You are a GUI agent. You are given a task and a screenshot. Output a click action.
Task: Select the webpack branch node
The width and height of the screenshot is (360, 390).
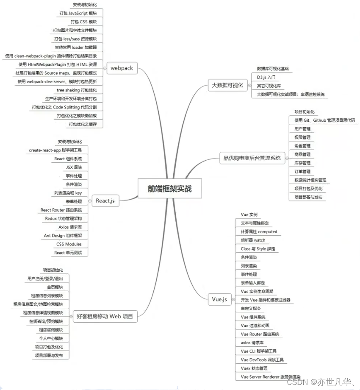[x=122, y=68]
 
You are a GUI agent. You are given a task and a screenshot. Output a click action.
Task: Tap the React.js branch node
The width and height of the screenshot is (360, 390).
[x=105, y=201]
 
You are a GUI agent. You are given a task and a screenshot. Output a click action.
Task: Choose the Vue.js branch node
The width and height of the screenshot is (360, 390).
[x=219, y=299]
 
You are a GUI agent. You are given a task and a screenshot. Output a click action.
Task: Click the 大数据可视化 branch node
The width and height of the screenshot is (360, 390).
[x=227, y=85]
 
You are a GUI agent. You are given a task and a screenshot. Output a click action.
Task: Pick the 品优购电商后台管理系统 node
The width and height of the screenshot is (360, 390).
[x=252, y=159]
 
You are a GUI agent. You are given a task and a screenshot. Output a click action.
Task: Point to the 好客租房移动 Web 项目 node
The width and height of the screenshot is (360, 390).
[x=105, y=316]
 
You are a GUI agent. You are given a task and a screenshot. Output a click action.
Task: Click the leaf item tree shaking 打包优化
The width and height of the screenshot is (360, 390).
[x=77, y=90]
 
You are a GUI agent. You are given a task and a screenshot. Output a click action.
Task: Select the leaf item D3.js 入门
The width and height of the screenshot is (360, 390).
[x=266, y=77]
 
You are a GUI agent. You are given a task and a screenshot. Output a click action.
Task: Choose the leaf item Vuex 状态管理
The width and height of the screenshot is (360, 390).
[x=254, y=368]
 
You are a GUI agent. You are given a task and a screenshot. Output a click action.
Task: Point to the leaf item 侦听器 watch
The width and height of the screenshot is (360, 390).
[x=253, y=240]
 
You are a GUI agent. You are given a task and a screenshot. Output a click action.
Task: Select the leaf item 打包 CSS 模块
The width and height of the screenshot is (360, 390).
[x=83, y=22]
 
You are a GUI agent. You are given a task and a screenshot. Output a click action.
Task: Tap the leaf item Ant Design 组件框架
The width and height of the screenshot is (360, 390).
[x=63, y=236]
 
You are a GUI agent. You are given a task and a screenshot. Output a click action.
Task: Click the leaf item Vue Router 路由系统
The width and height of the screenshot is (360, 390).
[x=260, y=334]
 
